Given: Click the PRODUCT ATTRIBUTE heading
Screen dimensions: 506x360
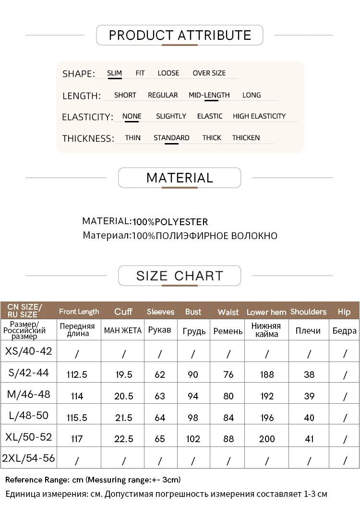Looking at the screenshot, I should (180, 35).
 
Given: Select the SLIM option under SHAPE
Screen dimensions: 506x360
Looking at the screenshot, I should (114, 73).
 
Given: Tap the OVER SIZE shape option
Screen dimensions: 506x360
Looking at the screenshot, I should (209, 73).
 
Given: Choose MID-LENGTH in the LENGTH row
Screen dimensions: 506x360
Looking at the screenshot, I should (209, 95).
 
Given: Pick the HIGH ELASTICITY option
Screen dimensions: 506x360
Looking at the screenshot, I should (259, 116).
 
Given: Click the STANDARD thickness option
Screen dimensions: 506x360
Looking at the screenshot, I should (171, 138).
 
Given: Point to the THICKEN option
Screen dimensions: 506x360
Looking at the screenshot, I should (246, 138).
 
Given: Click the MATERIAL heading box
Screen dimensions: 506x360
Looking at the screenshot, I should (180, 178).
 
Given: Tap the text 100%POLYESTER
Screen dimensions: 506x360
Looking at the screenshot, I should (170, 222).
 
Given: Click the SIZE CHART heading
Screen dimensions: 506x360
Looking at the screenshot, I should (180, 276).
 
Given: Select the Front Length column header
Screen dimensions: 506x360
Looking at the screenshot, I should (79, 312).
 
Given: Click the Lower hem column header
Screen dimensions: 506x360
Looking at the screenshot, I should (266, 312).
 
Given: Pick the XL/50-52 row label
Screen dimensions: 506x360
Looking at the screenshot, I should (28, 437).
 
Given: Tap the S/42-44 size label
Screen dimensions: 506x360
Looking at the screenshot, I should (28, 372).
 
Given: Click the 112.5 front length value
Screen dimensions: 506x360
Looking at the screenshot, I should (77, 374).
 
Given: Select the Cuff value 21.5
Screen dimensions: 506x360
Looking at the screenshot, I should (124, 418).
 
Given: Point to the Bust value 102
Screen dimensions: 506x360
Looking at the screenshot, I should (193, 439).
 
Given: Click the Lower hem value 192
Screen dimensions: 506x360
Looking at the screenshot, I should (267, 396).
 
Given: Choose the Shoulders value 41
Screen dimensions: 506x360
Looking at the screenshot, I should (309, 439).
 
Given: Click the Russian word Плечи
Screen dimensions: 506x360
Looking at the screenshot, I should (308, 331).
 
